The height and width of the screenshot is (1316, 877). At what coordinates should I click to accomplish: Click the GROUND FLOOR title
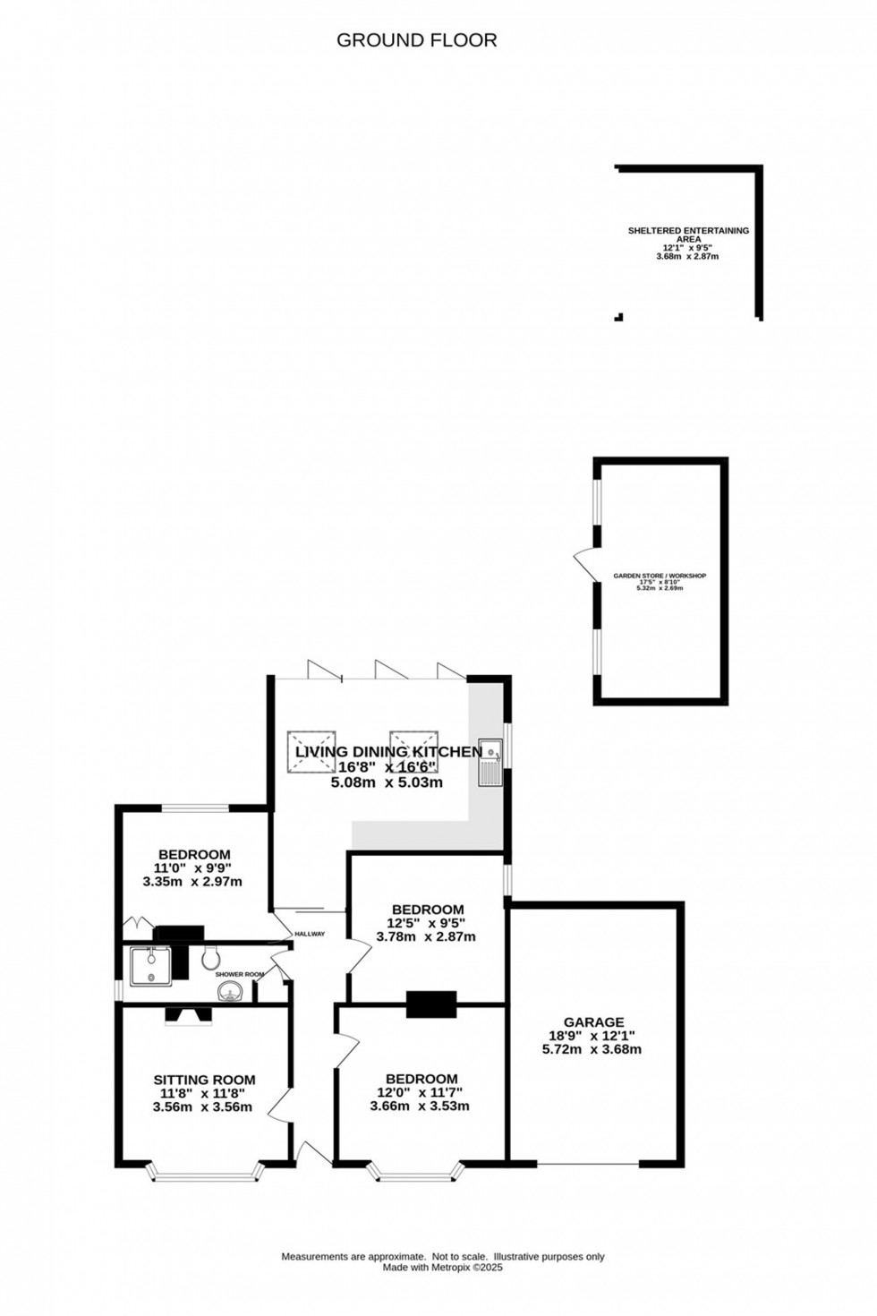416,40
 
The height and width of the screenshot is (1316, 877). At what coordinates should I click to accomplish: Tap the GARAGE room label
593,1021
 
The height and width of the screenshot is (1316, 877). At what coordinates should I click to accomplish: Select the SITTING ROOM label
204,1080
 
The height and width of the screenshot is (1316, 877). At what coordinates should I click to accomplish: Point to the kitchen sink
490,762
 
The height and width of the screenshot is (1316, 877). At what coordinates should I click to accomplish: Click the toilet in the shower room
211,958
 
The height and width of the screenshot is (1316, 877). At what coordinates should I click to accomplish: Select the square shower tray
150,965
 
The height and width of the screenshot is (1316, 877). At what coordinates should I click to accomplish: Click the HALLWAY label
309,935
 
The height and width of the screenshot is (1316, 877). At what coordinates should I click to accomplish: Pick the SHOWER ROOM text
240,974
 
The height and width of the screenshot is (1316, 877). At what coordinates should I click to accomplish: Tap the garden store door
584,564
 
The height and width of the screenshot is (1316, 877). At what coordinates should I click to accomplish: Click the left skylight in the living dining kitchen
311,750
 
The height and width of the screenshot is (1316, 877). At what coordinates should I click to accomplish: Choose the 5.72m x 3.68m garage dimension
592,1049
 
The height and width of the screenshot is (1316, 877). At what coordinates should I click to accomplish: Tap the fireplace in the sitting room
188,1014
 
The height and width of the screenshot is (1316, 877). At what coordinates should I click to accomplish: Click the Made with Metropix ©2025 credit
443,1267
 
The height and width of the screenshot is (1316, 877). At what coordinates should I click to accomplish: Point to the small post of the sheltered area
617,316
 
